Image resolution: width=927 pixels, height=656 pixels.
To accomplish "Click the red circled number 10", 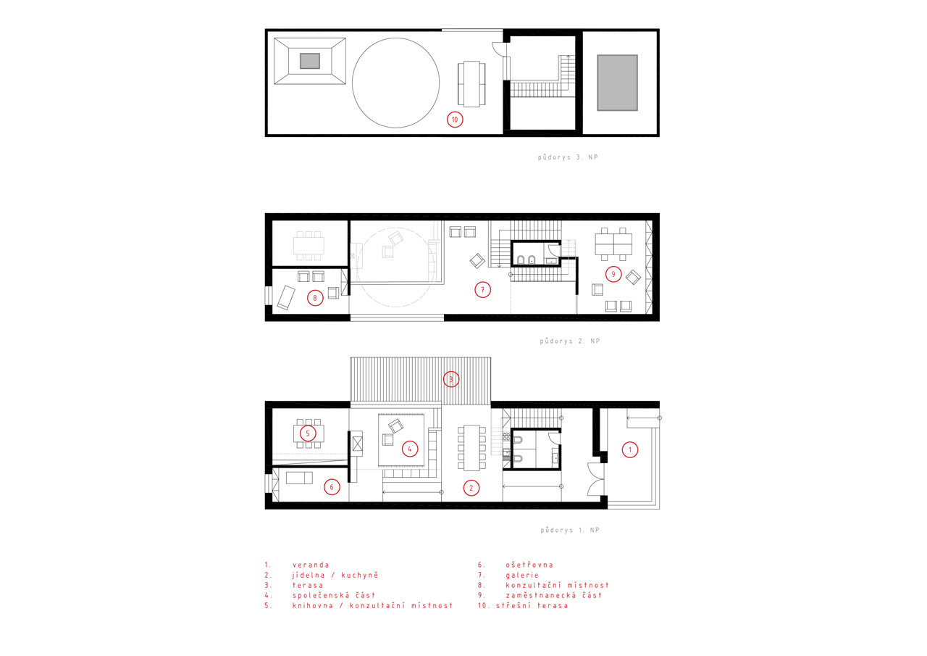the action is point(455,120).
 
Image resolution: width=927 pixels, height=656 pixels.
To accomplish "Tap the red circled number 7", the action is point(482,290).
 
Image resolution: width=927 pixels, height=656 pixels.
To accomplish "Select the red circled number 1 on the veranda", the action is point(630,449).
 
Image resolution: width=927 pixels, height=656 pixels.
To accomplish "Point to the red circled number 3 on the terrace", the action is point(451,379).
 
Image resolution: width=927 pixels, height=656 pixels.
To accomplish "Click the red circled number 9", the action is point(613,274).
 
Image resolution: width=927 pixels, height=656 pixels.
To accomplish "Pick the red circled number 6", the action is point(332,487).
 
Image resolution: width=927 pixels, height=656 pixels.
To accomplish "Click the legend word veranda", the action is point(311,565).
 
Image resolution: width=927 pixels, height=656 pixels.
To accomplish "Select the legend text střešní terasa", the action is point(532,605).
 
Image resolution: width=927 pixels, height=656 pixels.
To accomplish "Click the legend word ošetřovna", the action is point(529,565).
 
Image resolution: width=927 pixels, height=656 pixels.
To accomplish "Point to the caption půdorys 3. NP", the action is point(568,157).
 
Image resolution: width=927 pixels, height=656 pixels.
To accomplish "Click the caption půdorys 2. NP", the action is point(570,341).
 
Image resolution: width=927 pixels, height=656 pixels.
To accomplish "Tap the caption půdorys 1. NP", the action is point(570,530).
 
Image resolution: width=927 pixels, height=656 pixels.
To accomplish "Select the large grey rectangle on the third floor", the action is point(617,83).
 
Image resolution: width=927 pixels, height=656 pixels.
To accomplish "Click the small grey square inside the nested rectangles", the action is point(310,61).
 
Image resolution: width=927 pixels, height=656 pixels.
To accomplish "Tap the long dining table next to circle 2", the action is point(471,448).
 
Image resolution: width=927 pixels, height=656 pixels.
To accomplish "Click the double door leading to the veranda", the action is point(596,478).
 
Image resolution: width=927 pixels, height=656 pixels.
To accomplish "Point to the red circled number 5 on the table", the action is point(308,433).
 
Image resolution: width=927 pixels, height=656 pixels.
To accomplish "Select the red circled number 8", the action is point(315,298).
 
